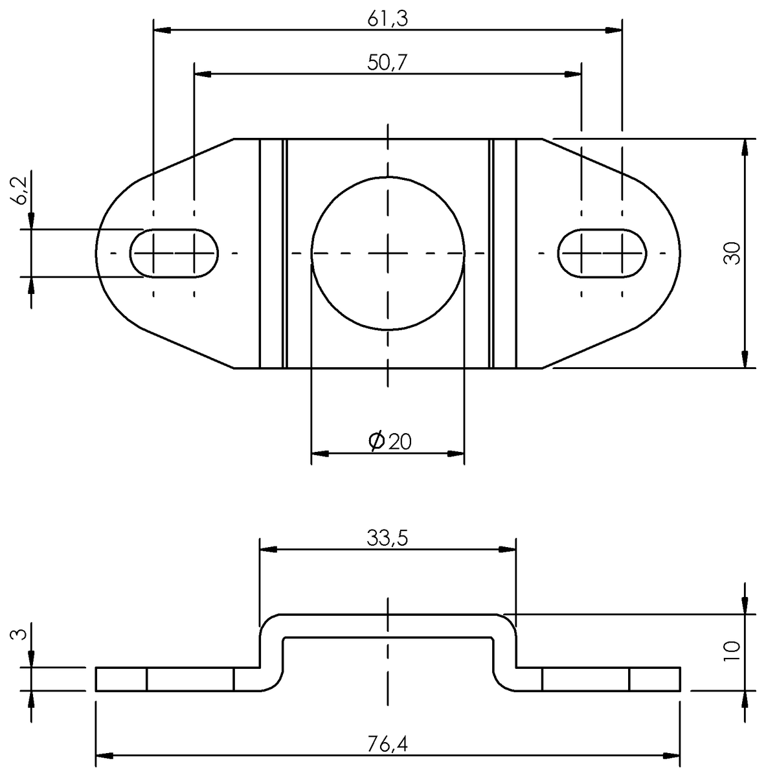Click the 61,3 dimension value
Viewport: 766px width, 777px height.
(387, 19)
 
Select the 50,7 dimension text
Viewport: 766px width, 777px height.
(387, 63)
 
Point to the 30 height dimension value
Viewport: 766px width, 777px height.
(732, 253)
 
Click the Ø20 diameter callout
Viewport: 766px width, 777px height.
(389, 441)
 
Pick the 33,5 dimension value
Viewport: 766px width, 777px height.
(387, 538)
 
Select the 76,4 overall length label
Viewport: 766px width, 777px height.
(387, 745)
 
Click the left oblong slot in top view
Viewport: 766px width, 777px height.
(174, 253)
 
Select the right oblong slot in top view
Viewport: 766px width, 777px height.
(602, 253)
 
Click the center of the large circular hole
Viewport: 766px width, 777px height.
(388, 253)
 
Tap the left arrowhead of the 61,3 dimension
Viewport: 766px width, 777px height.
(162, 30)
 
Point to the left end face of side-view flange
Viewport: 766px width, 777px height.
(96, 679)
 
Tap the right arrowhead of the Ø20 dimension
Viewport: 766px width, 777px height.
(456, 453)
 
